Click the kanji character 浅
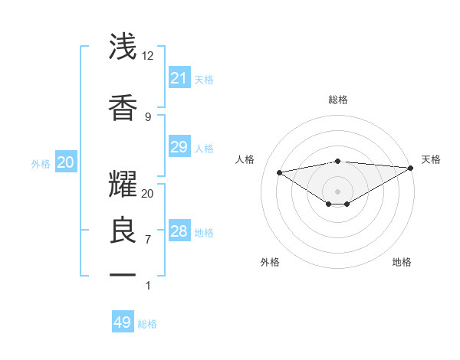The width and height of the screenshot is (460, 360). pos(123,47)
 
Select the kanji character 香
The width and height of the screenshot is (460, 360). pos(123,107)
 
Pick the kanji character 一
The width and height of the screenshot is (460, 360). pos(123,274)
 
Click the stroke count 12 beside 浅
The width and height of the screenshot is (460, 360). pos(148,56)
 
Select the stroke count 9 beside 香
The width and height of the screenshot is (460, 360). pos(148,116)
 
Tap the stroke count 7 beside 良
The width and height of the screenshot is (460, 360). pos(148,240)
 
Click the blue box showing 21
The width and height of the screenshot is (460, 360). pos(179,77)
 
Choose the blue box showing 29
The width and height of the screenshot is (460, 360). pos(179,147)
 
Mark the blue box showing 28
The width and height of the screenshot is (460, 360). pos(179,231)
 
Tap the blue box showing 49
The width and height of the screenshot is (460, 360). pos(123,322)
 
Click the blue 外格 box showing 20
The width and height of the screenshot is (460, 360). pos(66,162)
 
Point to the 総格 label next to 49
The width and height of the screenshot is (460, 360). pos(147,324)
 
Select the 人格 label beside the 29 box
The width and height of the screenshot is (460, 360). pos(204,148)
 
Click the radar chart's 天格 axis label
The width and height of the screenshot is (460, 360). pos(431,159)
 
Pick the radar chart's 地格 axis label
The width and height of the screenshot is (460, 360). pos(402,262)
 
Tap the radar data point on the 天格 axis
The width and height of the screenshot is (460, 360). pos(412,167)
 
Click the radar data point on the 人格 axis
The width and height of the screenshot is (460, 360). pos(280,172)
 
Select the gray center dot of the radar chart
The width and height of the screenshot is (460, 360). pos(337,191)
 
